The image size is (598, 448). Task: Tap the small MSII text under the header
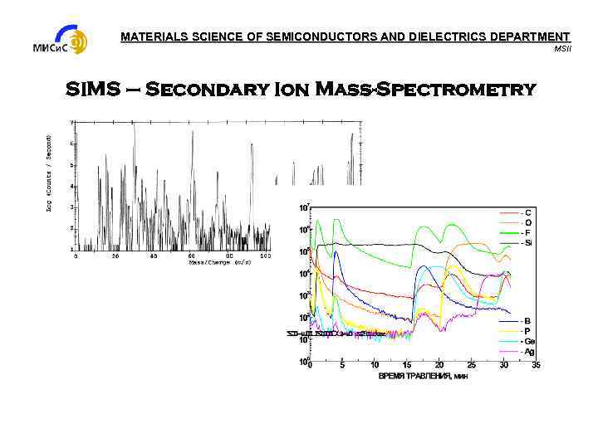pyautogui.click(x=562, y=48)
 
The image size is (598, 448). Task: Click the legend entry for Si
pyautogui.click(x=527, y=243)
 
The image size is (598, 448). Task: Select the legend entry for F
pyautogui.click(x=527, y=233)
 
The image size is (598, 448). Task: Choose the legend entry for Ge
pyautogui.click(x=527, y=341)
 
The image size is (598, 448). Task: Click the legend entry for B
pyautogui.click(x=527, y=320)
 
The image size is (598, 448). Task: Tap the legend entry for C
pyautogui.click(x=527, y=212)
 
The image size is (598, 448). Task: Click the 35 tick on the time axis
pyautogui.click(x=536, y=365)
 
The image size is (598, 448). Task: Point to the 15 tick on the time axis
pyautogui.click(x=407, y=365)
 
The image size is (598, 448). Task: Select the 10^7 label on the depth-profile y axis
pyautogui.click(x=304, y=207)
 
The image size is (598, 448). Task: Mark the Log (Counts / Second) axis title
pyautogui.click(x=50, y=173)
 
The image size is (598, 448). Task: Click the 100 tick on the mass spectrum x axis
pyautogui.click(x=265, y=256)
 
